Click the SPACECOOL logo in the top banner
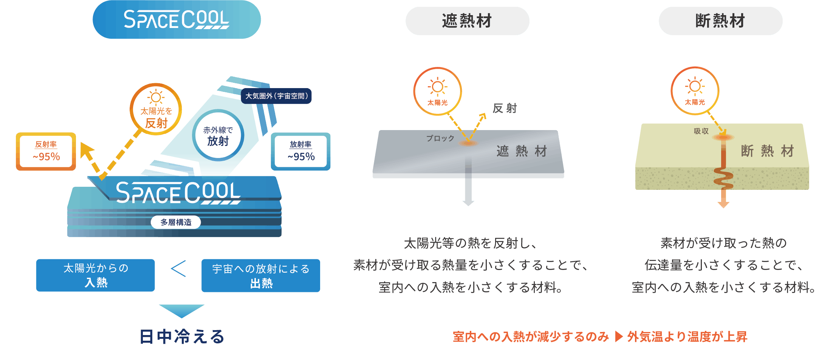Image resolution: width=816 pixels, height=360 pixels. coord(177,20)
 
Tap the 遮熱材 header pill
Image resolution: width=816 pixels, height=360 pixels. coord(467,21)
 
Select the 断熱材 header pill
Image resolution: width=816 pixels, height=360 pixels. coord(720,21)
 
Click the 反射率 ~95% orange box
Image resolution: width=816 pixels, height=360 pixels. coord(46,151)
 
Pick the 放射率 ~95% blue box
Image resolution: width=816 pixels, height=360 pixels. coord(301,151)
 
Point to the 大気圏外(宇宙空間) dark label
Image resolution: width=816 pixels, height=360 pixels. coord(276,96)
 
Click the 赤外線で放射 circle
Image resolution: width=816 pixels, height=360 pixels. coord(218,135)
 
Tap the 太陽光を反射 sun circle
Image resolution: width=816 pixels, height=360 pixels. coord(156,109)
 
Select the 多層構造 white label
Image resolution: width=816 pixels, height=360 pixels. coord(176,222)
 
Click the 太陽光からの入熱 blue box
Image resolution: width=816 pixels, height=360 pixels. coord(96,275)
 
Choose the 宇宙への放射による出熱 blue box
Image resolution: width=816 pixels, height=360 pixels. coord(261,276)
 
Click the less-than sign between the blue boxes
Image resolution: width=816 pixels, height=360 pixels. coord(178,269)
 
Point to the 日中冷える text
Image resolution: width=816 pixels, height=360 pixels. coord(182,337)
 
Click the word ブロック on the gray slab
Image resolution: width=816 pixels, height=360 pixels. coord(440,138)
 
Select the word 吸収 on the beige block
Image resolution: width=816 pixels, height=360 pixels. coord(701,131)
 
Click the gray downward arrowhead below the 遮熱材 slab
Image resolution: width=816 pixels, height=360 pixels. coord(468,203)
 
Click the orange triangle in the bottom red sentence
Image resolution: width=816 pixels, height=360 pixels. coord(618,337)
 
